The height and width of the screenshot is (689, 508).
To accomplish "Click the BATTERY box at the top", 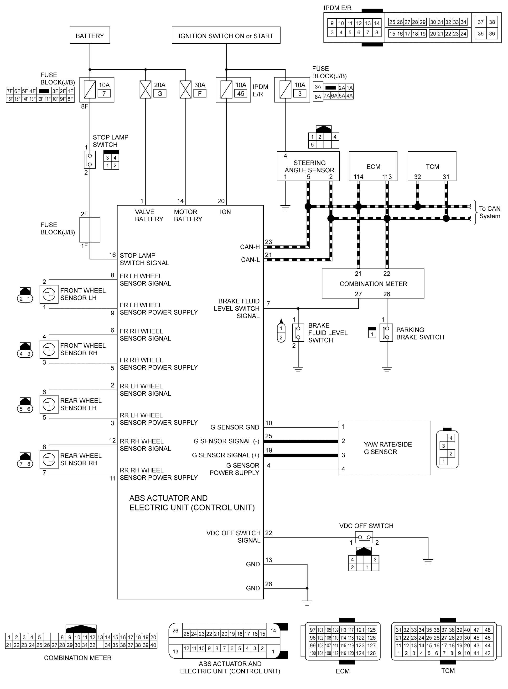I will point(89,35).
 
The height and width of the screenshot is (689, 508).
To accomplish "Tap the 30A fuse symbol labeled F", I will point(185,90).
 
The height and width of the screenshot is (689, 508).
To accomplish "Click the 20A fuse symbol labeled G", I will point(145,90).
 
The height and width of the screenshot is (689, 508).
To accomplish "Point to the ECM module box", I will point(373,166).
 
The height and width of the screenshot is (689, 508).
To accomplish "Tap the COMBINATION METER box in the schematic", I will point(373,283).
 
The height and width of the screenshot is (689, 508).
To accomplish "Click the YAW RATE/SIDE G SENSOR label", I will point(388,448).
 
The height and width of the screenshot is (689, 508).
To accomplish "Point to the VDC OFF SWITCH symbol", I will point(364,537).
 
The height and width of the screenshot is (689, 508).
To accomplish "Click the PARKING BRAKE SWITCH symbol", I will point(386,333).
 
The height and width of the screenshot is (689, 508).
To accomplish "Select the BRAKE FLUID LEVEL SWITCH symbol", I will point(298,333).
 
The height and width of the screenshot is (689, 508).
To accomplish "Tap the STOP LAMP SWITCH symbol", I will point(90,160).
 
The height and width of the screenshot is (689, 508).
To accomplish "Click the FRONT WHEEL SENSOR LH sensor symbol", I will point(49,294).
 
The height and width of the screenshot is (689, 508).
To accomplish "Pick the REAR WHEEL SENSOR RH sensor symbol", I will point(49,459).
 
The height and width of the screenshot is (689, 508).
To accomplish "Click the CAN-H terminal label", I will point(250,247).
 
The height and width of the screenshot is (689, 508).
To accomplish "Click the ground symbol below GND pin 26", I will point(307,602).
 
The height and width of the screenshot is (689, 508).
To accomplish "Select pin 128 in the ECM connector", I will point(371,653).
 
